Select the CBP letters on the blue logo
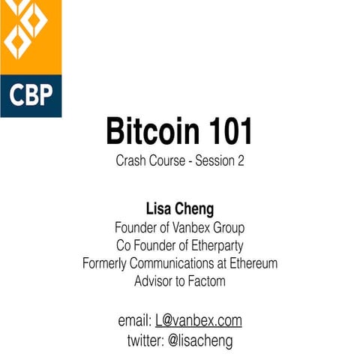point(30,96)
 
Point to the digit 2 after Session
point(241,160)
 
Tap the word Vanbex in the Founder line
point(197,226)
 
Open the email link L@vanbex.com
point(199,321)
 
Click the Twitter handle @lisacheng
point(200,340)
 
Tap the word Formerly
point(108,263)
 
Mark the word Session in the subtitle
point(215,160)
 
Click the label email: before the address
point(135,321)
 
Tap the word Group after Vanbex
point(231,226)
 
